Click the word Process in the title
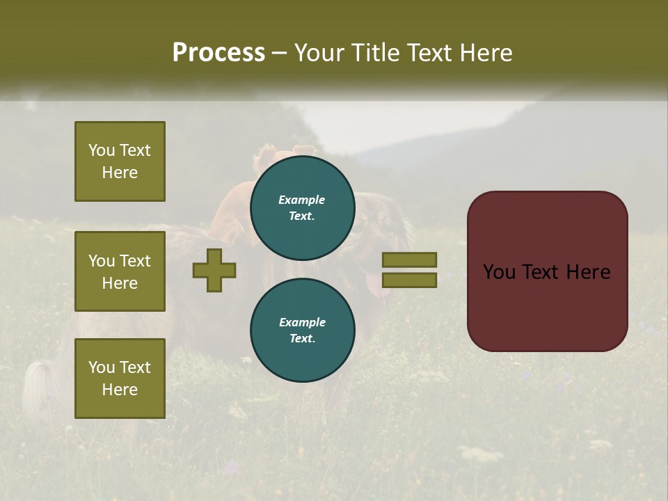(218, 53)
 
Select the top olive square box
(120, 161)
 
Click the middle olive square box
(120, 271)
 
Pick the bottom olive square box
(120, 378)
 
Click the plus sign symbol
(214, 271)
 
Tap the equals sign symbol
(410, 271)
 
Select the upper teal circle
(302, 207)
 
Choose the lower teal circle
(302, 330)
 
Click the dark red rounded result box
(547, 271)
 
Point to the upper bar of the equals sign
(410, 260)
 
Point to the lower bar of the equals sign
(410, 280)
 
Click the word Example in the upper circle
(302, 200)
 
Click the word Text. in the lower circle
(302, 339)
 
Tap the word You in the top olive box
(101, 150)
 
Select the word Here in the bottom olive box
(120, 390)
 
